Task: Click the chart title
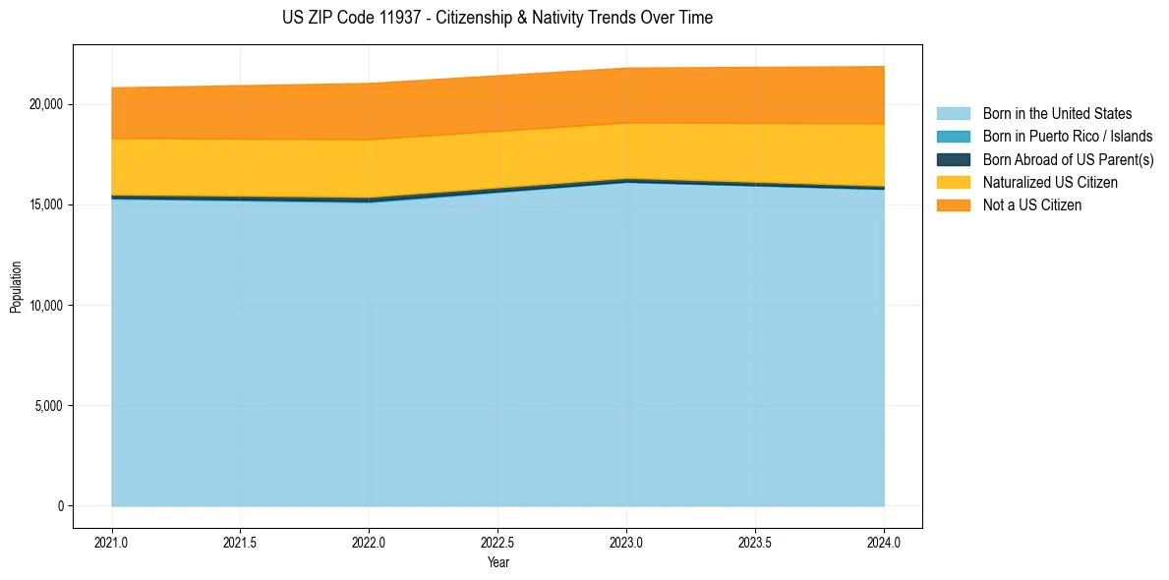tap(497, 18)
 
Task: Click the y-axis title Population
tap(16, 286)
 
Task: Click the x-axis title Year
tap(497, 562)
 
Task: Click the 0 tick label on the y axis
tap(58, 506)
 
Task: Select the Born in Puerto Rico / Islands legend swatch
tap(953, 137)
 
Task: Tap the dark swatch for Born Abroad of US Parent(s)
tap(953, 159)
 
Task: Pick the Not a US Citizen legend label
tap(1032, 205)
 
